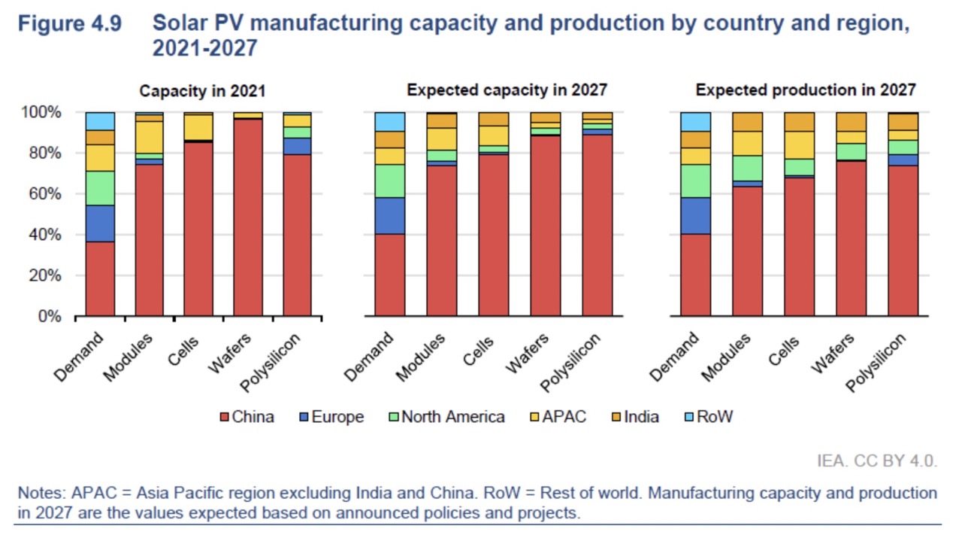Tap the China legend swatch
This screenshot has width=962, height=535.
coord(224,417)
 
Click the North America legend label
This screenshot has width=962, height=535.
coord(452,417)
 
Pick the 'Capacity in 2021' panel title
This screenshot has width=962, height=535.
coord(202,91)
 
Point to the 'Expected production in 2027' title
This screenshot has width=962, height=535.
coord(806,90)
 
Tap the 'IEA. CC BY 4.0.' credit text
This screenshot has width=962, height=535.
coord(877,461)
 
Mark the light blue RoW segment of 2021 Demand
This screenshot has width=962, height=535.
coord(100,121)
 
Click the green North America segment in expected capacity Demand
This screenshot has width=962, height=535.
coord(389,181)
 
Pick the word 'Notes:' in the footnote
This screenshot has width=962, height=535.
coord(42,494)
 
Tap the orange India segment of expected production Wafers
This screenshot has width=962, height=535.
coord(851,122)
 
